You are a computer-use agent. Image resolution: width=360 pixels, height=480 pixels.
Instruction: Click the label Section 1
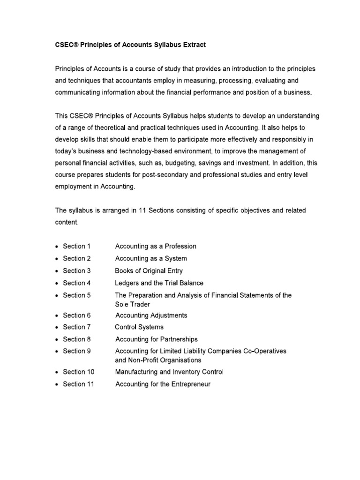click(x=76, y=246)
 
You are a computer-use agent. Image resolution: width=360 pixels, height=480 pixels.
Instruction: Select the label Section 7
click(x=76, y=327)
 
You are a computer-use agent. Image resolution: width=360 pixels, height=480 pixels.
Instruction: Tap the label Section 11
click(x=78, y=384)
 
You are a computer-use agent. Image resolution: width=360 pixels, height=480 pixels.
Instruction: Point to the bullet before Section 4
click(x=57, y=283)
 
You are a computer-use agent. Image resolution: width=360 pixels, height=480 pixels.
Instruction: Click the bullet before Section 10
click(x=57, y=372)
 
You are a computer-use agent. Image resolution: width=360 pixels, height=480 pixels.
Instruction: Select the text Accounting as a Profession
click(x=156, y=246)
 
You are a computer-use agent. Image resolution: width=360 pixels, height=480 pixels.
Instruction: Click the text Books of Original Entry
click(x=149, y=270)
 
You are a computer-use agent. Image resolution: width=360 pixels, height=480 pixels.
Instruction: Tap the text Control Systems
click(x=139, y=327)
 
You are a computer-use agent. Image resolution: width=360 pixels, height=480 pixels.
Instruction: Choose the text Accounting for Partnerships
click(x=156, y=339)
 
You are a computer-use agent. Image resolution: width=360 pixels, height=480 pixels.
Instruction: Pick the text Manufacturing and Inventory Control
click(x=169, y=372)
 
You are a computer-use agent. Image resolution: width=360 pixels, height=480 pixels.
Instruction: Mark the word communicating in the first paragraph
click(x=78, y=92)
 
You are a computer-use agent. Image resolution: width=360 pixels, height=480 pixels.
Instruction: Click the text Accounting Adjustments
click(x=151, y=315)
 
